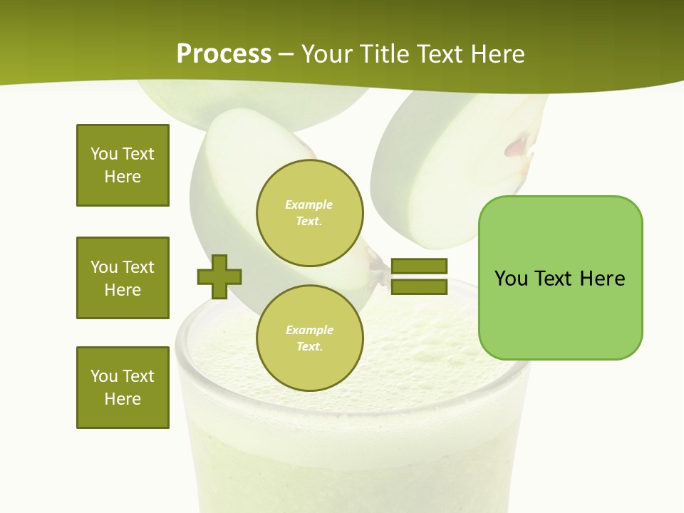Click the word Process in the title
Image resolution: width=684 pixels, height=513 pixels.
pos(224,54)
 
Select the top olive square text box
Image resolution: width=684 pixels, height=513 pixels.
pos(123,165)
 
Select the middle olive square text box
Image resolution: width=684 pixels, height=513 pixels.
pos(123,278)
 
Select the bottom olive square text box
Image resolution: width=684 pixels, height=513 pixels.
pos(123,388)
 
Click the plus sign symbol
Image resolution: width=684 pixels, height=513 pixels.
pos(219,276)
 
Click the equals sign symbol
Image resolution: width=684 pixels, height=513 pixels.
pos(419,276)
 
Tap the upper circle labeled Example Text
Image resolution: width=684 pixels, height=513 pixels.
pos(310,213)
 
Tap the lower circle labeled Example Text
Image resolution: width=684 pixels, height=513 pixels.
pos(310,338)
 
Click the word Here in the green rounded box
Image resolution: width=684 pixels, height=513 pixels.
pos(602,279)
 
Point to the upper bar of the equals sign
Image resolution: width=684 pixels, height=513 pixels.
pos(419,266)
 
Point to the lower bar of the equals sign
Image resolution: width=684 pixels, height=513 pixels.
pos(419,286)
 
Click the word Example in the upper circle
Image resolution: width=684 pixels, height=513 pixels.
pos(309,205)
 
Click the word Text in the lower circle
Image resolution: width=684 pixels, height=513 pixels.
pos(309,347)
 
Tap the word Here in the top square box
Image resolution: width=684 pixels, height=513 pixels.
pos(123,177)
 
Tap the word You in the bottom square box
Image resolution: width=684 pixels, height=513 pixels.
pos(104,376)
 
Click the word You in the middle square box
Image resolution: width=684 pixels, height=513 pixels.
pos(104,267)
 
